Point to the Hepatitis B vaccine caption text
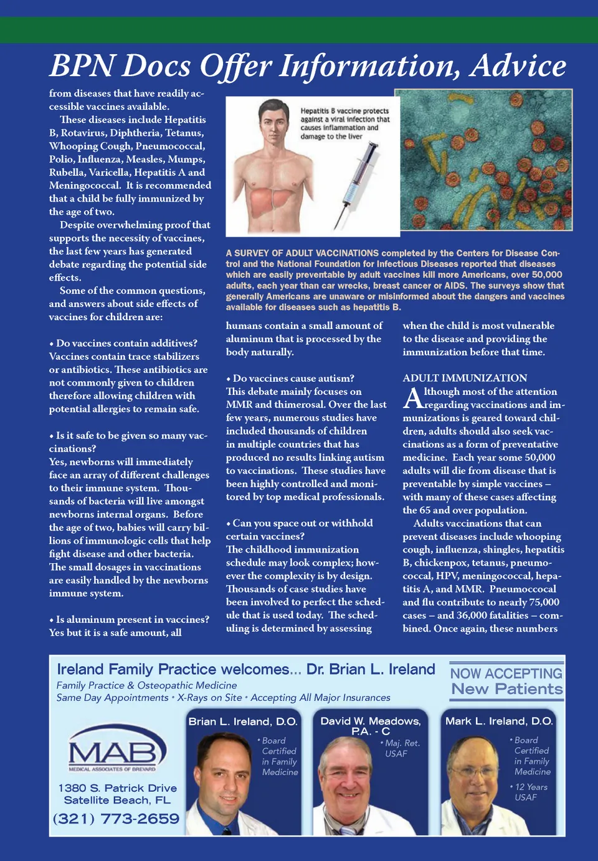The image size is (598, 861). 344,123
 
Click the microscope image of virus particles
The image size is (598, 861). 483,159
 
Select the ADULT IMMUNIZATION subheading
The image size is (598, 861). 465,378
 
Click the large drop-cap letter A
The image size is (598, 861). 412,397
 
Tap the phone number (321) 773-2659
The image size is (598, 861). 116,819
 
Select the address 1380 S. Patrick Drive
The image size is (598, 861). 117,788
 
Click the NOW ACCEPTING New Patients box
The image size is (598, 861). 506,682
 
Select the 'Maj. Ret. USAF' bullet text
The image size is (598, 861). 402,748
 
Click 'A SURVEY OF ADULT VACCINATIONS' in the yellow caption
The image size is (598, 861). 302,254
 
